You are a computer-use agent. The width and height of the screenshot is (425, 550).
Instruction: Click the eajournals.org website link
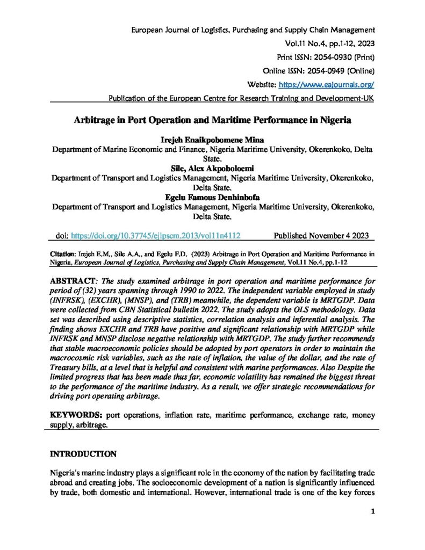(326, 85)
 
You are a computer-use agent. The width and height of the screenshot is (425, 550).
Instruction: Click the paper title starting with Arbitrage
(212, 121)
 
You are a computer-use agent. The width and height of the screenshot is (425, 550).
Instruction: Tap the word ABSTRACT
(72, 281)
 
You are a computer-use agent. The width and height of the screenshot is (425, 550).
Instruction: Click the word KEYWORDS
(76, 415)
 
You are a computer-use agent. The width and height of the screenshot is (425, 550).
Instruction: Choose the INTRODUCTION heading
(83, 454)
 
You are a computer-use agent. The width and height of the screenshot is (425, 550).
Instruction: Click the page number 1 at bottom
(372, 526)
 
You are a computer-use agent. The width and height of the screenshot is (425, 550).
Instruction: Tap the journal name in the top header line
(253, 29)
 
